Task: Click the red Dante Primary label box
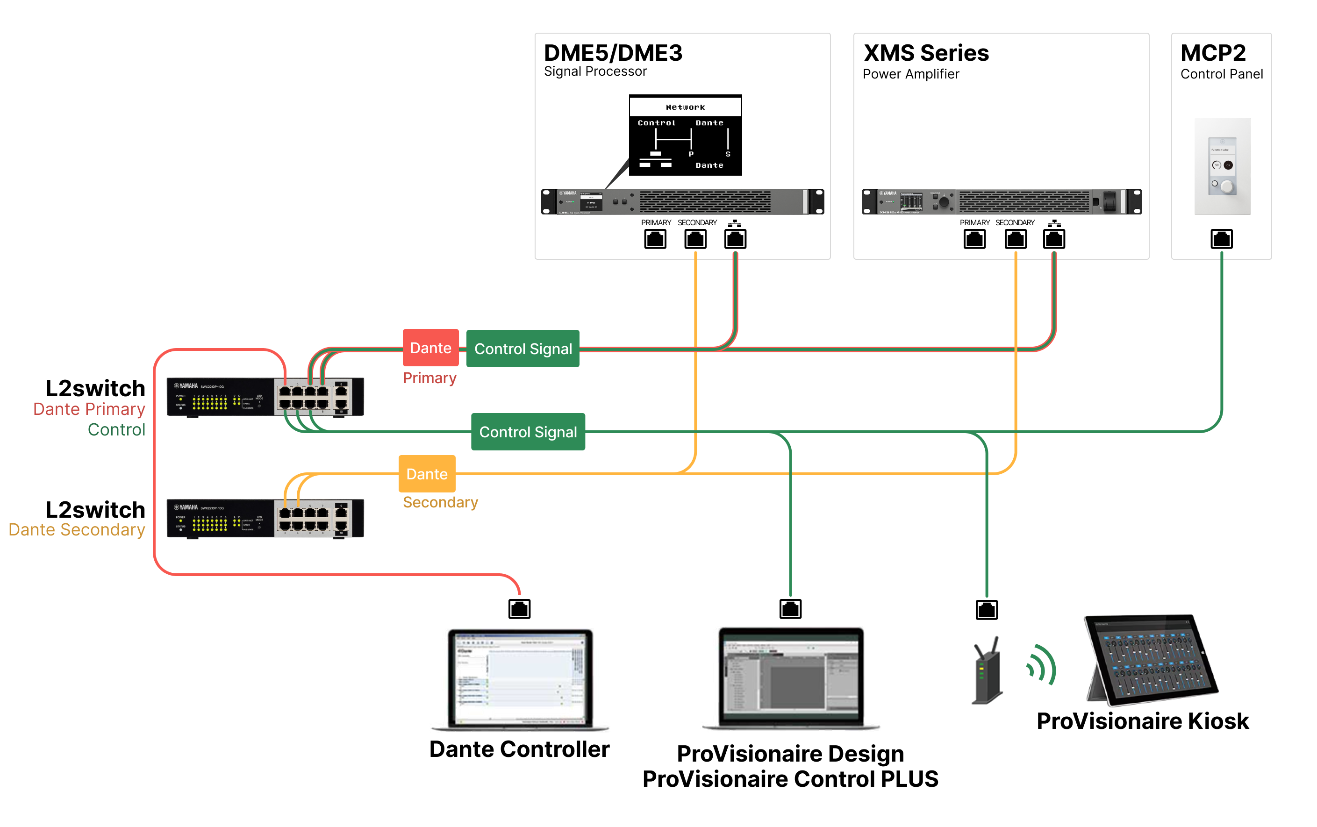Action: [430, 348]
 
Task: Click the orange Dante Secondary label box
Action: [427, 474]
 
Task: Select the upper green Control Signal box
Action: [523, 349]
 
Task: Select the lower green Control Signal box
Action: [528, 432]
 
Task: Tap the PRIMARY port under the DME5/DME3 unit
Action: [655, 239]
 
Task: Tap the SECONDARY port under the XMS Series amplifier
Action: [1015, 239]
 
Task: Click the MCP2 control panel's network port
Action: [1221, 239]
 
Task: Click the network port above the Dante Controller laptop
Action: [519, 609]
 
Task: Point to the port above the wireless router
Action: [987, 609]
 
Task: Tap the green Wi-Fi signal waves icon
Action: [1041, 665]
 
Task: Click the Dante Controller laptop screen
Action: [520, 678]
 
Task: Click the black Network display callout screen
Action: [685, 135]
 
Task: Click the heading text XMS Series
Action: [926, 53]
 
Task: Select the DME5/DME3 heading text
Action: [613, 53]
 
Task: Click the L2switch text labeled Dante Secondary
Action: [95, 510]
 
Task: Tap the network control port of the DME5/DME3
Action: [735, 239]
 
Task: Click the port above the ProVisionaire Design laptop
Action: [790, 609]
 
